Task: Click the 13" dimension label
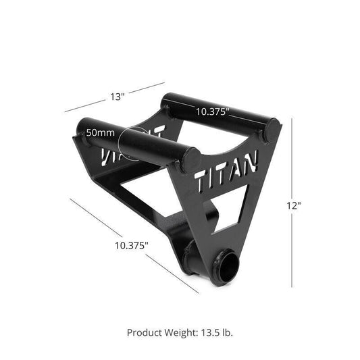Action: click(118, 97)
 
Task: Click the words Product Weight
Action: click(159, 332)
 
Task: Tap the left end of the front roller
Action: click(82, 128)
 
